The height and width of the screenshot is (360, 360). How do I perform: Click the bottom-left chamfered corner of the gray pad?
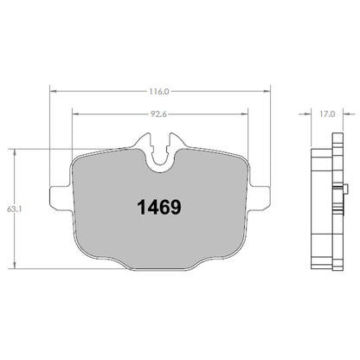85,260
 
